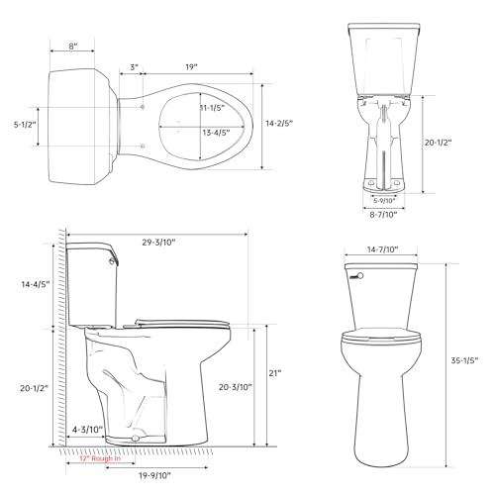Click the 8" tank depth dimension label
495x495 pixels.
coord(73,46)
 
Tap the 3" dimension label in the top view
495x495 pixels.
coord(134,67)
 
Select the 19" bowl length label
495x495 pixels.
coord(191,67)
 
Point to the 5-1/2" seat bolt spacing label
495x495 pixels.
coord(25,125)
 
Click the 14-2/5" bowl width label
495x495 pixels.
coord(279,123)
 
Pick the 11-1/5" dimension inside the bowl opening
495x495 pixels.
coord(212,108)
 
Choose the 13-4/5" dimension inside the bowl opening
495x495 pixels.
coord(216,133)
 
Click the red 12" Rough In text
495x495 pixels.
coord(100,458)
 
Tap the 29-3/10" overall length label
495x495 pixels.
coord(158,243)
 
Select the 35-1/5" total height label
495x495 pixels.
coord(464,360)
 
